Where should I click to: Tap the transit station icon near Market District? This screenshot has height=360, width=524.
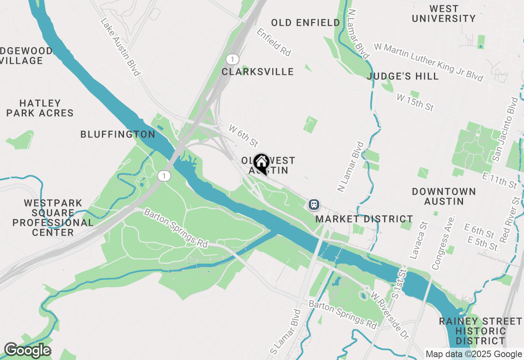pyautogui.click(x=314, y=204)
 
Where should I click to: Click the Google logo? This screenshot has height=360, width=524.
pyautogui.click(x=27, y=350)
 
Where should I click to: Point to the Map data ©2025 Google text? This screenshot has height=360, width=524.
pyautogui.click(x=474, y=354)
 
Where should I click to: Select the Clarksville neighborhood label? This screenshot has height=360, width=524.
pyautogui.click(x=257, y=72)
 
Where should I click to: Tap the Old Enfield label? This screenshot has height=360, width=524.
pyautogui.click(x=305, y=23)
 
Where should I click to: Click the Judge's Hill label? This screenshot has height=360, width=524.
pyautogui.click(x=403, y=76)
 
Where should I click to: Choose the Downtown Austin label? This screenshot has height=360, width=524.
pyautogui.click(x=444, y=196)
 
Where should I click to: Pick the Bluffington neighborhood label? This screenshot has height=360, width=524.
pyautogui.click(x=118, y=134)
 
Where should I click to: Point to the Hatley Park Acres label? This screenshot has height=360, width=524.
pyautogui.click(x=40, y=108)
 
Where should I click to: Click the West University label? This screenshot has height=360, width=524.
pyautogui.click(x=444, y=14)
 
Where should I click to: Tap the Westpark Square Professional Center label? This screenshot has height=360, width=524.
pyautogui.click(x=53, y=218)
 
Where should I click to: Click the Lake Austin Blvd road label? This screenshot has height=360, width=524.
pyautogui.click(x=120, y=47)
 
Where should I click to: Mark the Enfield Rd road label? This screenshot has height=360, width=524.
pyautogui.click(x=273, y=42)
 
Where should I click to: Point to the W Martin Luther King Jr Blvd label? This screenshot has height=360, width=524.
pyautogui.click(x=428, y=62)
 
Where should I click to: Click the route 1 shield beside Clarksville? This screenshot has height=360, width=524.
pyautogui.click(x=232, y=60)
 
